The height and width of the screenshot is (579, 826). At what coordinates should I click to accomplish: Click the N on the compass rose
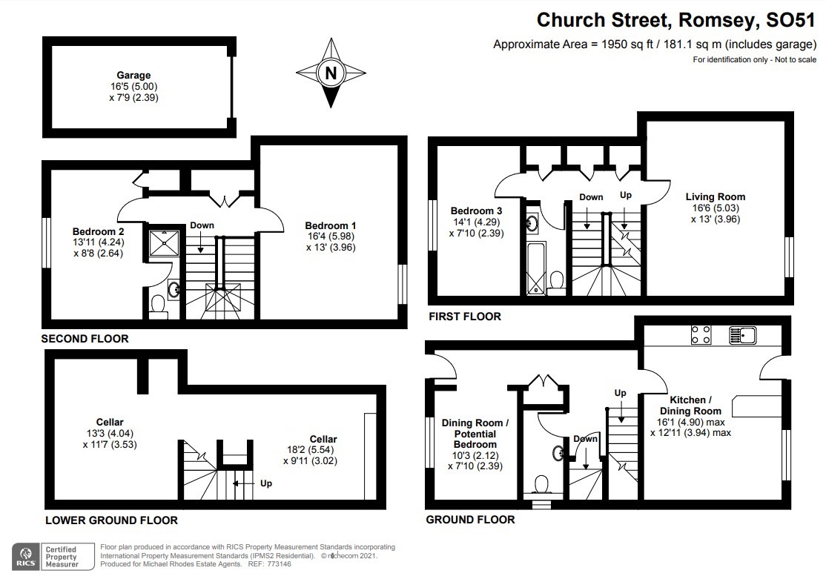tap(331, 73)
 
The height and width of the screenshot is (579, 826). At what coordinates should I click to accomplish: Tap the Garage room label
tap(133, 75)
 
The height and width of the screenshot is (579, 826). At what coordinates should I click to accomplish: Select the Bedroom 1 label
tap(331, 225)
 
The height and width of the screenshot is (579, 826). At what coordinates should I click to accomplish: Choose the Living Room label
tap(715, 196)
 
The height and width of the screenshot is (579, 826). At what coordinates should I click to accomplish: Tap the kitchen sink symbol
tap(741, 336)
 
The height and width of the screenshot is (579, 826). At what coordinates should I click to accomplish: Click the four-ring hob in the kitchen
tap(701, 336)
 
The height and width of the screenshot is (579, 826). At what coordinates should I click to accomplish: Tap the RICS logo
tap(27, 555)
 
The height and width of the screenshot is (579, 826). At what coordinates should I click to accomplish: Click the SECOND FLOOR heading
tap(85, 339)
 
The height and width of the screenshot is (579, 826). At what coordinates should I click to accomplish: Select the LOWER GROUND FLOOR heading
tap(111, 520)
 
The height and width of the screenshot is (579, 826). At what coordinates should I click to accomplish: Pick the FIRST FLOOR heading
tap(465, 317)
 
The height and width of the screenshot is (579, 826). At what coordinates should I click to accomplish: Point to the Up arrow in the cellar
tap(239, 483)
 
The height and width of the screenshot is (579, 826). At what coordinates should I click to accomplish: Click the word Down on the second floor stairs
tap(202, 225)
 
